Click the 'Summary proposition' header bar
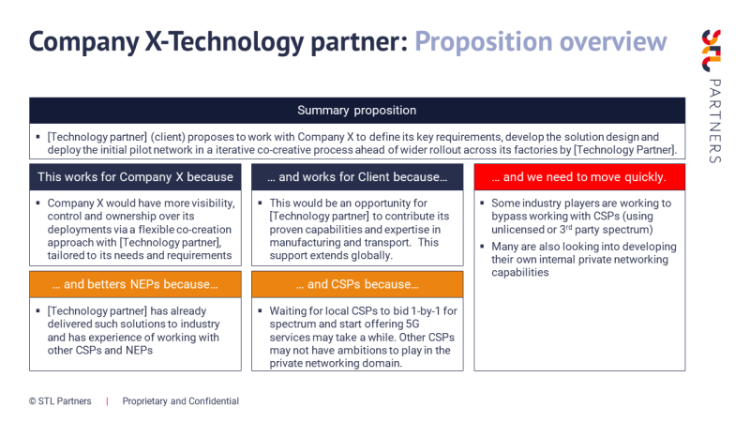(357, 111)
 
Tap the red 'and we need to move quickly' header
(579, 177)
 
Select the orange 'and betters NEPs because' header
(135, 284)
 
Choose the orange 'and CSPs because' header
(357, 284)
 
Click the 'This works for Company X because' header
(135, 177)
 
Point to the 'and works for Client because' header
(357, 177)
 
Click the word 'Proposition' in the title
(483, 42)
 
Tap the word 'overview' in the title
(613, 42)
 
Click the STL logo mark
(712, 51)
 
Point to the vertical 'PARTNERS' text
(714, 121)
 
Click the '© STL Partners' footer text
(60, 401)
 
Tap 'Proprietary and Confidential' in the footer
(181, 401)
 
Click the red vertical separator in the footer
(107, 401)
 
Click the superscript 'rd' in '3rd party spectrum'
(569, 227)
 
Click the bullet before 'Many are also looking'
(482, 247)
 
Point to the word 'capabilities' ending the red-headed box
(520, 273)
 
